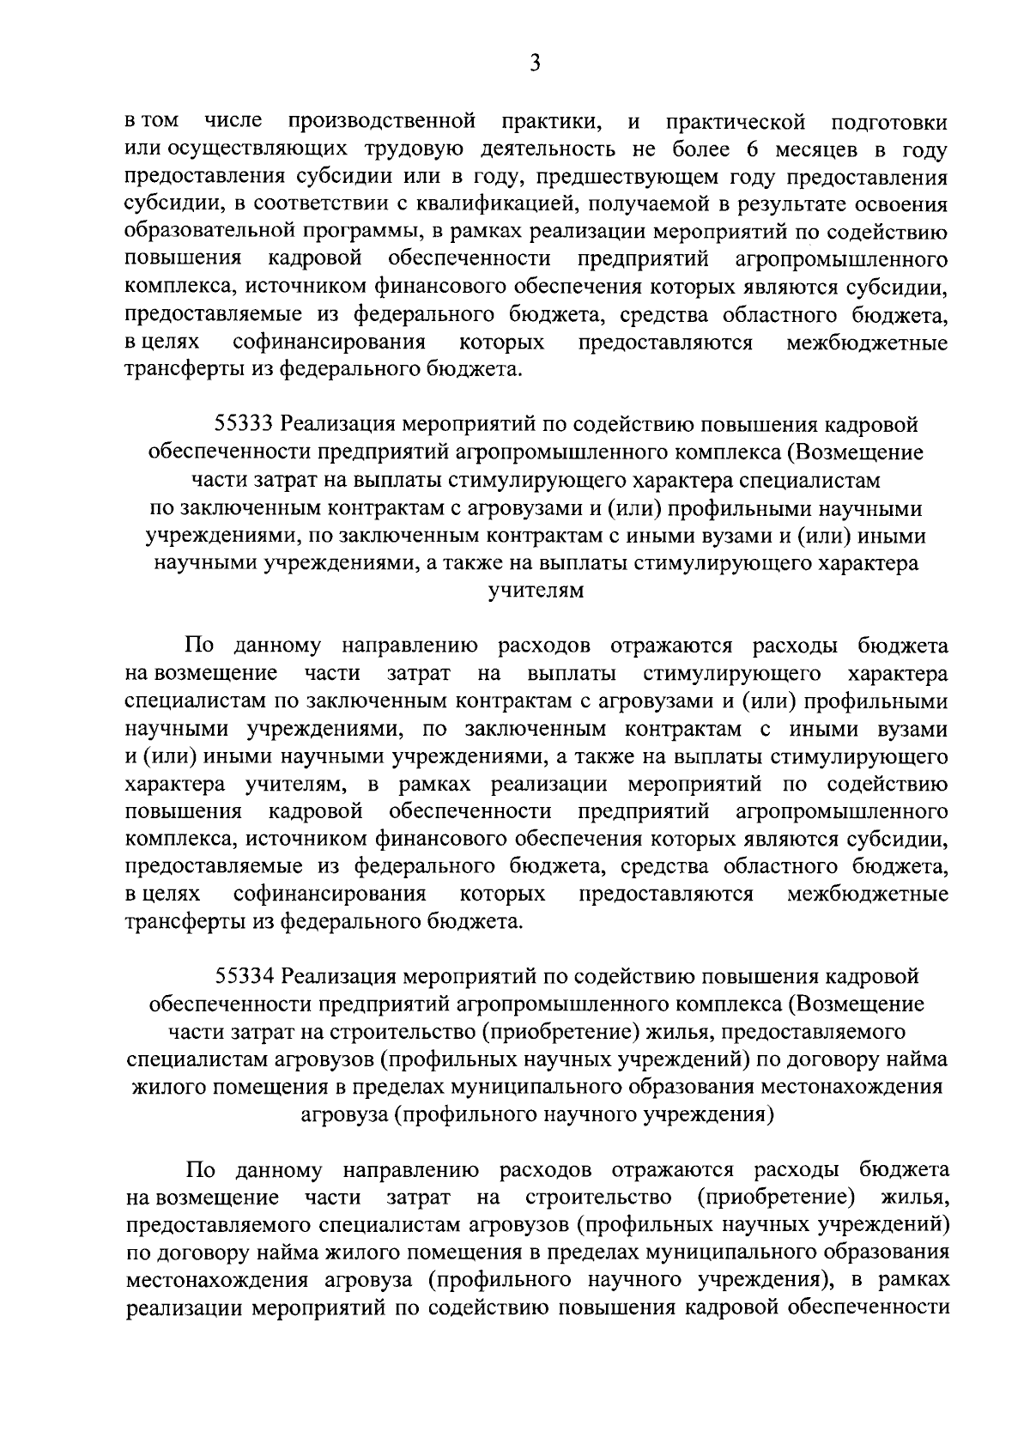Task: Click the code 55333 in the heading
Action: coord(244,424)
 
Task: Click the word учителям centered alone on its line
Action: coord(536,592)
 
